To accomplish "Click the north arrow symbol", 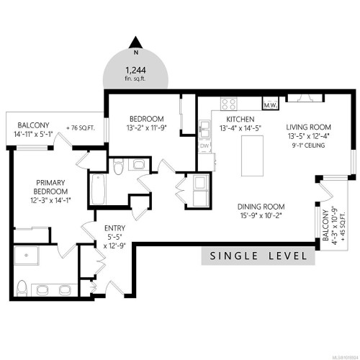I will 134,42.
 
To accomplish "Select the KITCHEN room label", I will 238,119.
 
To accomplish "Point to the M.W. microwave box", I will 271,106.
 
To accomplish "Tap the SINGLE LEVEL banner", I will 258,256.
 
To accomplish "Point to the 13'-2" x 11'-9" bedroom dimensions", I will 147,130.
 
